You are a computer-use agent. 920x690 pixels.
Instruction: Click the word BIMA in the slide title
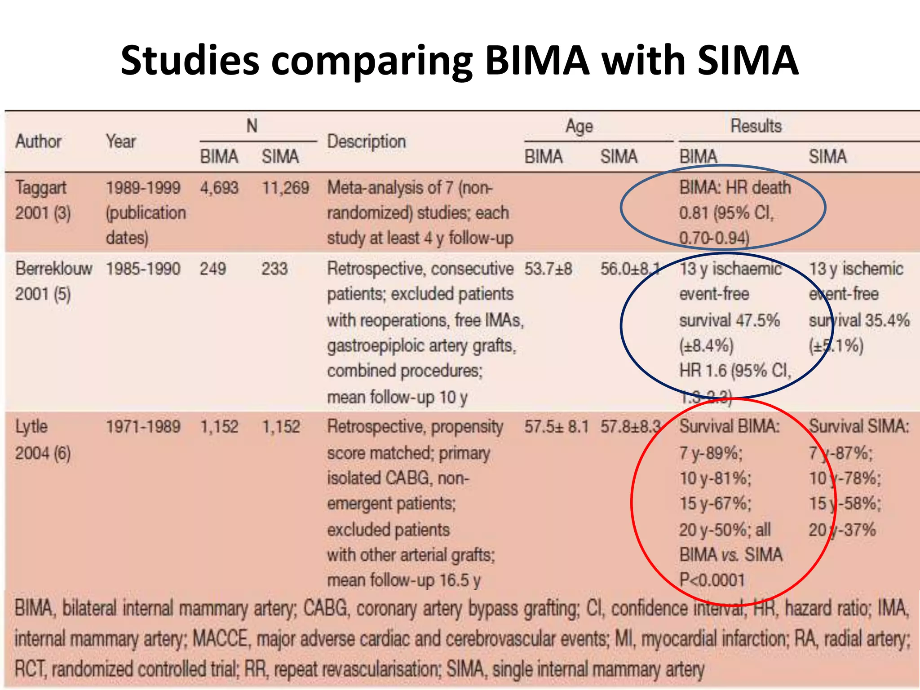537,61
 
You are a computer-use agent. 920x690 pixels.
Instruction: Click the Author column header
38,142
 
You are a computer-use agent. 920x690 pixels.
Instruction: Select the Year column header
120,142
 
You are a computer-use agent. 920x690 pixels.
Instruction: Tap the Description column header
366,142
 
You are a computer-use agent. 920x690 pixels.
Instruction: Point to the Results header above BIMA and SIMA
756,126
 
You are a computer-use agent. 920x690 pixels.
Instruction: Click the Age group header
579,126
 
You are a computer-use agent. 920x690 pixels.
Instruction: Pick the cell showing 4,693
219,188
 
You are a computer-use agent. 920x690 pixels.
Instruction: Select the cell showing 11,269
285,188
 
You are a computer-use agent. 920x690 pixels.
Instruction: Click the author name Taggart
41,188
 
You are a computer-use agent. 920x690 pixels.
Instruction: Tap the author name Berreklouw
54,269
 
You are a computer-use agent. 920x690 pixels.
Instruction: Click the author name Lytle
31,426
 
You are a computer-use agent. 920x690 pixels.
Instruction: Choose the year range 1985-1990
143,269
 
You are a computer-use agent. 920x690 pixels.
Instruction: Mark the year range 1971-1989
143,426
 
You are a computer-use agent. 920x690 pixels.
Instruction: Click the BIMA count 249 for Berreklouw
212,269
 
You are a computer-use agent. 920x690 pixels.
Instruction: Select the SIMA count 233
274,269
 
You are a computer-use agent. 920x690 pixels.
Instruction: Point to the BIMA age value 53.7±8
548,269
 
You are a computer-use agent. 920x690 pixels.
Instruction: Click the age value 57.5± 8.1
556,426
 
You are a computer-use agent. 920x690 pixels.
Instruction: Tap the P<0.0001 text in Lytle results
712,580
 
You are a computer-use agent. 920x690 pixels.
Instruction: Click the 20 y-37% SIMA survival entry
842,530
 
